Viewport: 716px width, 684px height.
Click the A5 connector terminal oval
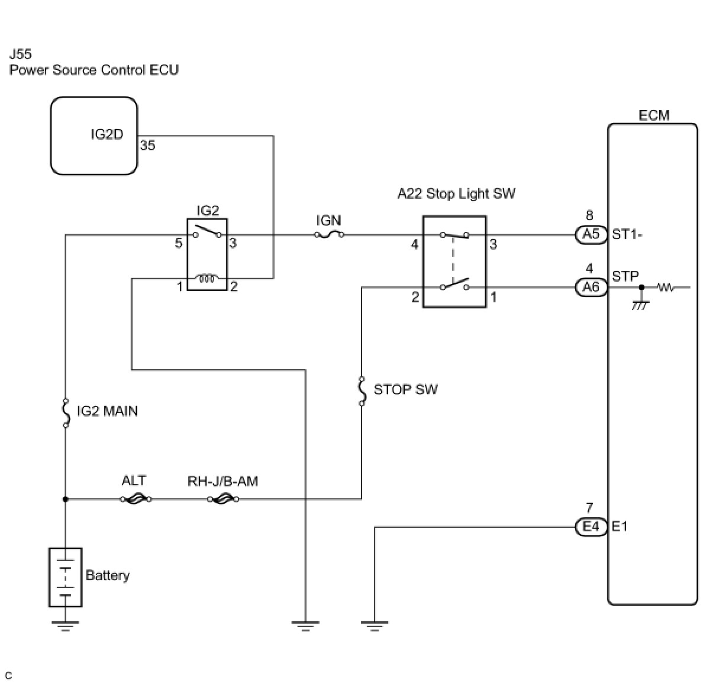591,235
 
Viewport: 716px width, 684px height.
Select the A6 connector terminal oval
591,288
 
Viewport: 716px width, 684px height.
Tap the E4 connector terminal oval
591,527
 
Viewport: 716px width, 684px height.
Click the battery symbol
65,577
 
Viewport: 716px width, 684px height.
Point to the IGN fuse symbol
329,235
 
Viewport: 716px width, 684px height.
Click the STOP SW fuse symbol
362,391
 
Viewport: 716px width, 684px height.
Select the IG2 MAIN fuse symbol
66,412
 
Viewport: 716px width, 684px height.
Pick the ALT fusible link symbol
136,499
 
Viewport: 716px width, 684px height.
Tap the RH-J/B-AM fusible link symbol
223,499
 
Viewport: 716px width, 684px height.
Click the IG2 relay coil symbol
208,278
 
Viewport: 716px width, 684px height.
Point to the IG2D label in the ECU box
107,135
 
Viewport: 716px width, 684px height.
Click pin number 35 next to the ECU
147,146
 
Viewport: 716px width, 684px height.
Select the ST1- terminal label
627,234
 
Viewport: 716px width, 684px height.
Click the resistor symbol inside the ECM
666,288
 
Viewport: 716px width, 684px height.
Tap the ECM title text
654,115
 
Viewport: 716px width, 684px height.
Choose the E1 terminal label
620,526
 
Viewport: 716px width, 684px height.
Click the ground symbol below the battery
65,625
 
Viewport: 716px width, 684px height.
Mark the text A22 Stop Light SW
456,193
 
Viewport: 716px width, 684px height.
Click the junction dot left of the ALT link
66,499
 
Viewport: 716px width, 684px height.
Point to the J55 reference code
21,54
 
